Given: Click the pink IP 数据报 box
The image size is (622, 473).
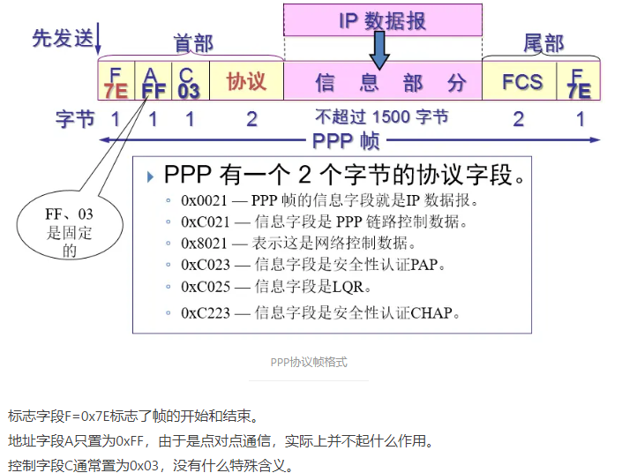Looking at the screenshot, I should pos(382,19).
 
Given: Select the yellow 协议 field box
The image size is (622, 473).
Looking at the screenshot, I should pos(246,81).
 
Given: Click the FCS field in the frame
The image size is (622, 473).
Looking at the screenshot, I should pos(522,81).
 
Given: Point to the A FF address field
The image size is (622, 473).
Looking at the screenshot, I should pos(154,81).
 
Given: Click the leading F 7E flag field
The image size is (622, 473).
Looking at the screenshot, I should pos(115,81).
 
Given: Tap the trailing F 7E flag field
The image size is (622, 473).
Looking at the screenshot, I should pos(579,81).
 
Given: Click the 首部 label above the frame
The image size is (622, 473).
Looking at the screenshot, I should pos(193,43).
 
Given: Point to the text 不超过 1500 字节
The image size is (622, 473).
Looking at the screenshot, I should pos(382,116).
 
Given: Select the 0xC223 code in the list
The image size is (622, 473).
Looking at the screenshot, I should pos(205,312).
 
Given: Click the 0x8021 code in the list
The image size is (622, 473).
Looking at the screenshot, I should pos(204,244).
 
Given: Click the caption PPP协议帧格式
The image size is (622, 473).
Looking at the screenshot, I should pos(308,362).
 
